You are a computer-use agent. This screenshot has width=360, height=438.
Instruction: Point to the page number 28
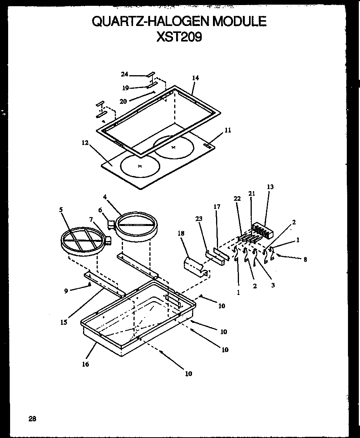click(32, 419)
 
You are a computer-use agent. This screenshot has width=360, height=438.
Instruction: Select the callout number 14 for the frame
click(195, 78)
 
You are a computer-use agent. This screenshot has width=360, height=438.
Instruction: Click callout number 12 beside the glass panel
click(85, 143)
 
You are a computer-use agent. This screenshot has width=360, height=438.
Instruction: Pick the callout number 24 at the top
click(125, 74)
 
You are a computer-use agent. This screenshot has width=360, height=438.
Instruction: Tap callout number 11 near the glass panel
click(228, 131)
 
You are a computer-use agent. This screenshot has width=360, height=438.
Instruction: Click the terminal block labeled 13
click(263, 230)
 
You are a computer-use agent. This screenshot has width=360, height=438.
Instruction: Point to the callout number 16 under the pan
click(85, 364)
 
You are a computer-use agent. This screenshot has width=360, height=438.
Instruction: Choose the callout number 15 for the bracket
click(64, 322)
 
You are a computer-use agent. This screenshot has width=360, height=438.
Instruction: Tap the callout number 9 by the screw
click(66, 291)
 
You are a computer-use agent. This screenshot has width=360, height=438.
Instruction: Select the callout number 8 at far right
click(305, 260)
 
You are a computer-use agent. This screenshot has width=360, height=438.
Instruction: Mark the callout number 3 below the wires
click(273, 286)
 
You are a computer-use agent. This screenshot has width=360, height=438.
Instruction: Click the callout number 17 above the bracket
click(217, 207)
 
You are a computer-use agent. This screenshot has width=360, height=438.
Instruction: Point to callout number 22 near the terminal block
click(237, 199)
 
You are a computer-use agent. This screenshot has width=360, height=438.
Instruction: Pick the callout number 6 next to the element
click(100, 210)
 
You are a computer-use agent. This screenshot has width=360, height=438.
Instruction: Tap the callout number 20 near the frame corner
click(123, 101)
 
